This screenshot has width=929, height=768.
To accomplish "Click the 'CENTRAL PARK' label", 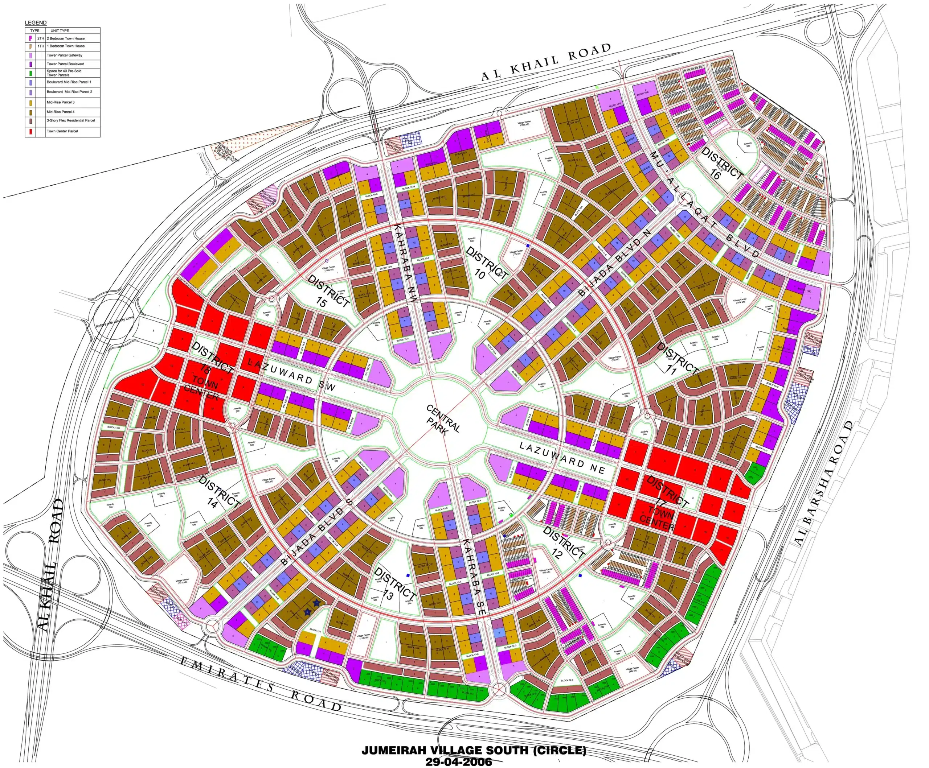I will pyautogui.click(x=443, y=420).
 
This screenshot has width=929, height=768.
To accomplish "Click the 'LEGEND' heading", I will pyautogui.click(x=36, y=22).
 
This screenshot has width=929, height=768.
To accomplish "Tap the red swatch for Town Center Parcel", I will pyautogui.click(x=30, y=131).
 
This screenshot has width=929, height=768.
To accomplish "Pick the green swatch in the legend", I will pyautogui.click(x=30, y=73).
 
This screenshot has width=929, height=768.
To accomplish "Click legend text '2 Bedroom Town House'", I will pyautogui.click(x=65, y=38).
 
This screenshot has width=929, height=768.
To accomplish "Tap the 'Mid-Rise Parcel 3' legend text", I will pyautogui.click(x=61, y=102).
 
